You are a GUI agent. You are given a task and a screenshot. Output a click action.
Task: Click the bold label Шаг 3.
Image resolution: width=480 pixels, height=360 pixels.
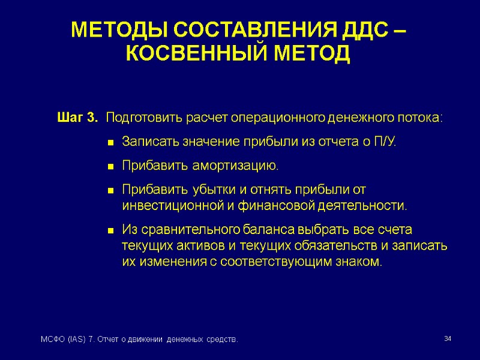pyautogui.click(x=77, y=117)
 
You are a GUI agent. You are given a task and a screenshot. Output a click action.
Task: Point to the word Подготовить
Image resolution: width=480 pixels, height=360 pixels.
pyautogui.click(x=143, y=117)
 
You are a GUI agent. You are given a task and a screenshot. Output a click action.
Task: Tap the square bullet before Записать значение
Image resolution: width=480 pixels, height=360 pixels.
pyautogui.click(x=110, y=143)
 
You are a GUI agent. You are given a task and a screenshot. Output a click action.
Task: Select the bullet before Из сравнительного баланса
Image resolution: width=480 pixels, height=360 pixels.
pyautogui.click(x=110, y=231)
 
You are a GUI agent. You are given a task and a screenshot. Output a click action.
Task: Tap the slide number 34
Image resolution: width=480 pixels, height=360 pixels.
pyautogui.click(x=447, y=340)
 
